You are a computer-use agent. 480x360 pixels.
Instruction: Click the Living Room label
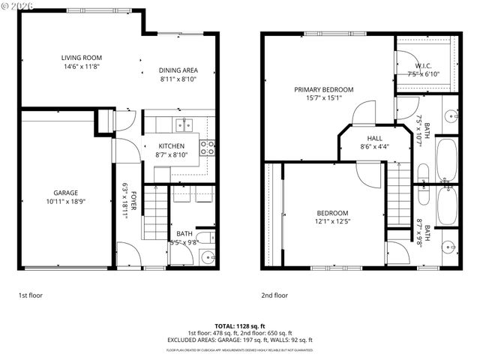(x=81, y=58)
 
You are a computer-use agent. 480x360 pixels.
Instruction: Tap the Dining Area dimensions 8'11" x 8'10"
(x=177, y=79)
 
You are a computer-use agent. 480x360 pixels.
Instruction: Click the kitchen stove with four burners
(x=208, y=146)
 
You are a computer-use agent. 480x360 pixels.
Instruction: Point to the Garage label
(x=65, y=193)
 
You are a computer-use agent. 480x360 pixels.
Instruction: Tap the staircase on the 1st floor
(x=154, y=214)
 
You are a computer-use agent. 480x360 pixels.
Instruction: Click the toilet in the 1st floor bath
(x=213, y=238)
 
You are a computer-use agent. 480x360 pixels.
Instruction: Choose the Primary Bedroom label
(x=323, y=89)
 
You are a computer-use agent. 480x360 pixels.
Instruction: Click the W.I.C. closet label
(x=422, y=65)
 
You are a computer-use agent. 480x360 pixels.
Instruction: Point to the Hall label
(x=375, y=138)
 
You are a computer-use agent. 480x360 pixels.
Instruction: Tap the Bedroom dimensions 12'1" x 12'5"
(x=331, y=221)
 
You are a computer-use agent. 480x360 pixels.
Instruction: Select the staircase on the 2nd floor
(x=400, y=195)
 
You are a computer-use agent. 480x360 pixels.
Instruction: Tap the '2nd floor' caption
(x=274, y=295)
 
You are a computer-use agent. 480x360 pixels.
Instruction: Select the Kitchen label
(x=171, y=145)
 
